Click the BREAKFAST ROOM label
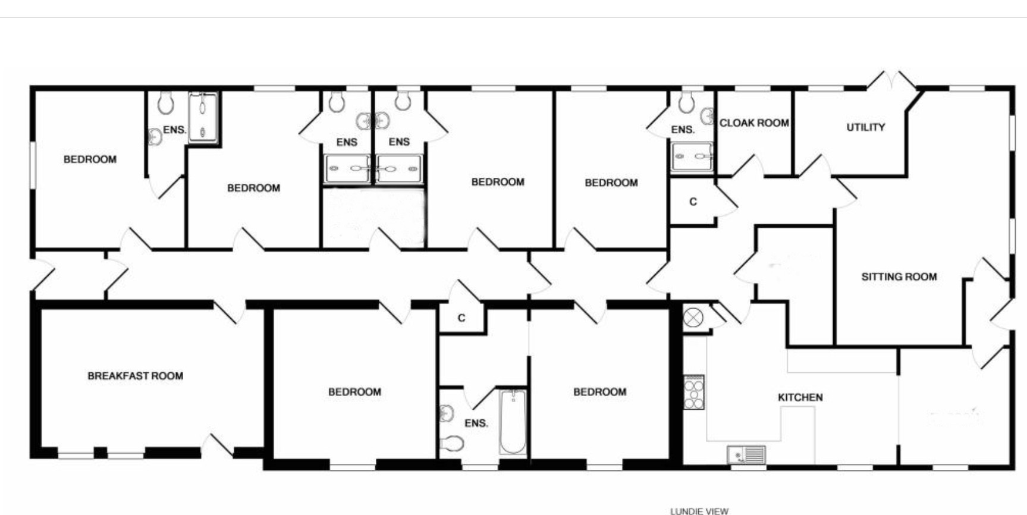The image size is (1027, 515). tap(135, 376)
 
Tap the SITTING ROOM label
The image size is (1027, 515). tap(899, 277)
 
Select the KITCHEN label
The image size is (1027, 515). tap(800, 397)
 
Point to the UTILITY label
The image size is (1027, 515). tap(866, 127)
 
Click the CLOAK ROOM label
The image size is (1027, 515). tap(754, 123)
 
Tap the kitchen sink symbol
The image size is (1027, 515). tap(746, 454)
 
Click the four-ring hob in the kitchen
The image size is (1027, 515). tap(693, 392)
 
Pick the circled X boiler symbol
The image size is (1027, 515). tap(693, 318)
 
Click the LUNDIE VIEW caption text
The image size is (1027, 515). tap(699, 511)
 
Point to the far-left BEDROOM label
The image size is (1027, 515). tap(90, 159)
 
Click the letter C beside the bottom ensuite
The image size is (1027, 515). tap(461, 318)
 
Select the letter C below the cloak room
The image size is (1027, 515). tap(693, 202)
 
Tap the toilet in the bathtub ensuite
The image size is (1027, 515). tap(453, 443)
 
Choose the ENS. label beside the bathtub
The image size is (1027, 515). tap(476, 423)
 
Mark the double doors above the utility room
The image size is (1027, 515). tap(891, 83)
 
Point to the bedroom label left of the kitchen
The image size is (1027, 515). tap(599, 392)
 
